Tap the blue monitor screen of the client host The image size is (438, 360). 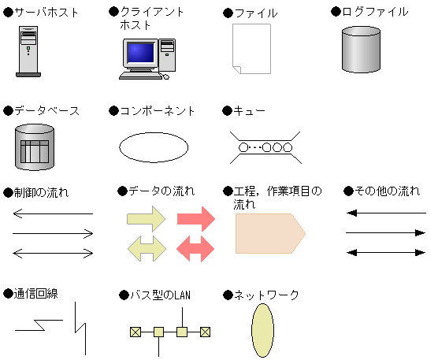[x=140, y=53]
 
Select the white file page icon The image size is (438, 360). [x=251, y=49]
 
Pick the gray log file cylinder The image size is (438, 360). [x=361, y=49]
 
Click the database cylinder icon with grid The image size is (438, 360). [x=35, y=147]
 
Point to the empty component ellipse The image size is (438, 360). [x=154, y=147]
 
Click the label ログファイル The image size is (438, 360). [x=374, y=12]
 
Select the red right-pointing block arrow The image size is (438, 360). [x=196, y=219]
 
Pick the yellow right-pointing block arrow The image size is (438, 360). [x=146, y=219]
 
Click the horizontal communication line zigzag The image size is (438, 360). [x=39, y=324]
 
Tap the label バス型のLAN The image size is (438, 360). [x=158, y=295]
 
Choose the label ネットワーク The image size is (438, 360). [x=266, y=295]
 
